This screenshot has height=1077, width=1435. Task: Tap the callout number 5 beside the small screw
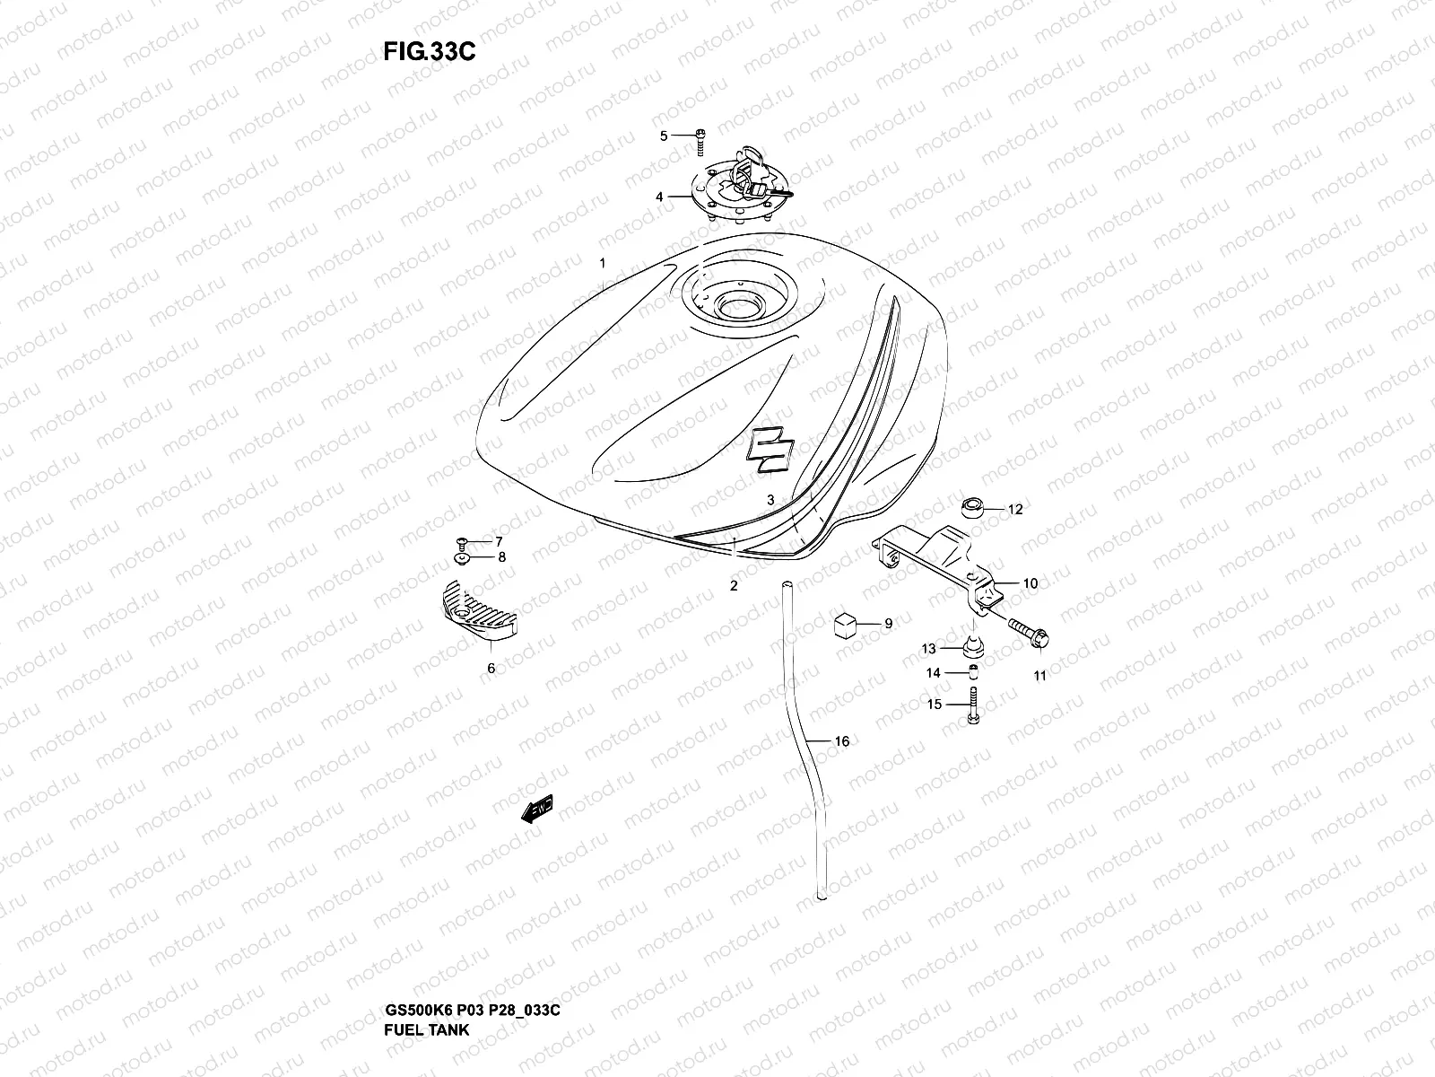pos(665,136)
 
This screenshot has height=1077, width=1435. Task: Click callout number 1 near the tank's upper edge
pos(603,264)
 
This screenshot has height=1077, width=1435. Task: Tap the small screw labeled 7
pos(461,541)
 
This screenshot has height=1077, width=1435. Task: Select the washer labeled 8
pos(463,559)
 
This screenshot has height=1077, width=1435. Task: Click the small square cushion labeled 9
pos(847,623)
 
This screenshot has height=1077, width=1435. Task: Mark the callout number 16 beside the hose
pos(841,741)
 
